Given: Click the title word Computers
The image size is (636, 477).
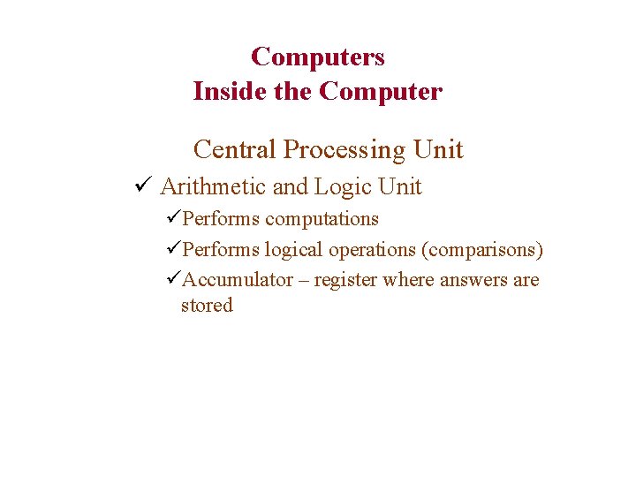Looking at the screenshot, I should [318, 57].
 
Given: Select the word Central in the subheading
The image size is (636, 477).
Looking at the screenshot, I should [234, 149].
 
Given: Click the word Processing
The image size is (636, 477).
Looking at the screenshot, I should [343, 149].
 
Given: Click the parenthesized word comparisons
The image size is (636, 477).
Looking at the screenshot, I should [482, 249].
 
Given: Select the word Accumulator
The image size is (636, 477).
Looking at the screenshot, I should [238, 280].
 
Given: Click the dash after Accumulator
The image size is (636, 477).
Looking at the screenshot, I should [304, 280].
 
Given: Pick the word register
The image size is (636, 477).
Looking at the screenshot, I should [343, 280].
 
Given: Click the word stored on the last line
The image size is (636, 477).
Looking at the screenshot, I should [207, 306].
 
